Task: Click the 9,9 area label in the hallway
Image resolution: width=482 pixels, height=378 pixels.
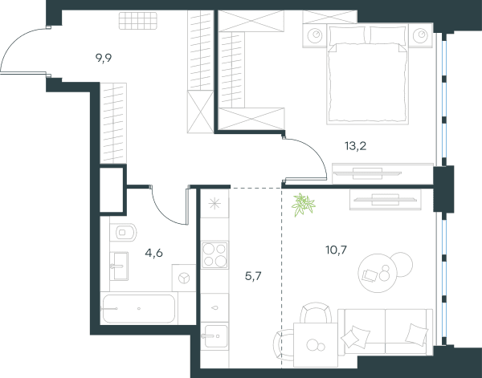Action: (104, 58)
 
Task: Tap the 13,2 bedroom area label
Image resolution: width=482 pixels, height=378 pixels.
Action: (355, 146)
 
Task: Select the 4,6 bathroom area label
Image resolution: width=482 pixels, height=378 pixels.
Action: (153, 254)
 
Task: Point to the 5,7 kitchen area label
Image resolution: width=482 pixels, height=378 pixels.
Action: (253, 276)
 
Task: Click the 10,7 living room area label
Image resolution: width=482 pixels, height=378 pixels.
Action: (336, 250)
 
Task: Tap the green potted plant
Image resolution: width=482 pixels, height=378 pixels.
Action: (304, 205)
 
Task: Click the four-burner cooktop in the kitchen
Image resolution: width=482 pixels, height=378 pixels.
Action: (214, 255)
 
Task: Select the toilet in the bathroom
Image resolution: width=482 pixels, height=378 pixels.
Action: (124, 233)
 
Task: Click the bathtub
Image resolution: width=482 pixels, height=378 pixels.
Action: (139, 308)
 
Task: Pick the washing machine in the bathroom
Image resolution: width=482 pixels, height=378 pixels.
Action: (184, 278)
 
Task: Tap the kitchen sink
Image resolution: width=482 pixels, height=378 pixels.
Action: (216, 336)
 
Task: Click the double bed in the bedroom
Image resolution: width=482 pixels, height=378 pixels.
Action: (368, 75)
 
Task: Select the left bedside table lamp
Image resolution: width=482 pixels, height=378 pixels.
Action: (315, 35)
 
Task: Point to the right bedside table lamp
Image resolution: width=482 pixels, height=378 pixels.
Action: (420, 35)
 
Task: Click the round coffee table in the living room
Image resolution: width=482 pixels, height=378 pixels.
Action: (378, 273)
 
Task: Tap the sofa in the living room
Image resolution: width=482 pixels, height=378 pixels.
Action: (386, 332)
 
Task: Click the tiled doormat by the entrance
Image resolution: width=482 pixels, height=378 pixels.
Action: (138, 21)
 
